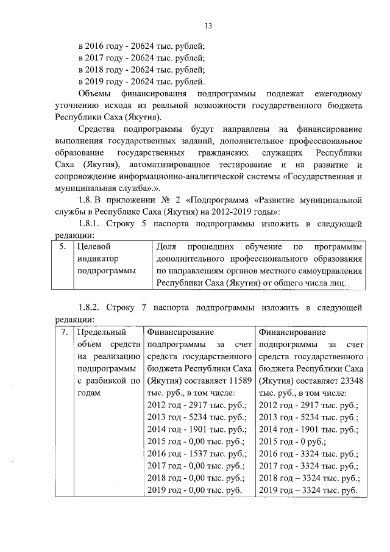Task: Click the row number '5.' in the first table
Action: click(x=63, y=246)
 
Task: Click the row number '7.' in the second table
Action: click(x=63, y=332)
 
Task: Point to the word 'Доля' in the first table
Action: click(x=166, y=246)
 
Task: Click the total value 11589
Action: click(x=239, y=381)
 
